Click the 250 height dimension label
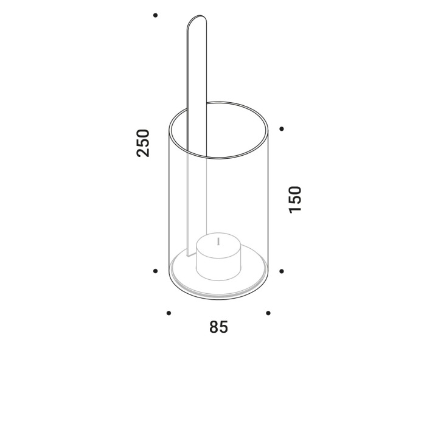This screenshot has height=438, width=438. click(143, 143)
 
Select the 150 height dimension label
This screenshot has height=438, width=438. click(295, 200)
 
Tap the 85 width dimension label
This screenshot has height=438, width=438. click(218, 327)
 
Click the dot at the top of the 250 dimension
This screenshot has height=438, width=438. click(155, 15)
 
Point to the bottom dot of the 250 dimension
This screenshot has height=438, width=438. click(155, 271)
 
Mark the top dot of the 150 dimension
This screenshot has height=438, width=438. click(282, 129)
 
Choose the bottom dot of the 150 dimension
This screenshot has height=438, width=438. click(282, 271)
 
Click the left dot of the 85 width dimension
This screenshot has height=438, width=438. click(169, 313)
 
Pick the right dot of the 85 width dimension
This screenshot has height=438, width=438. click(268, 313)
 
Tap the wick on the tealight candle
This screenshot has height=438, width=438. click(219, 242)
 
